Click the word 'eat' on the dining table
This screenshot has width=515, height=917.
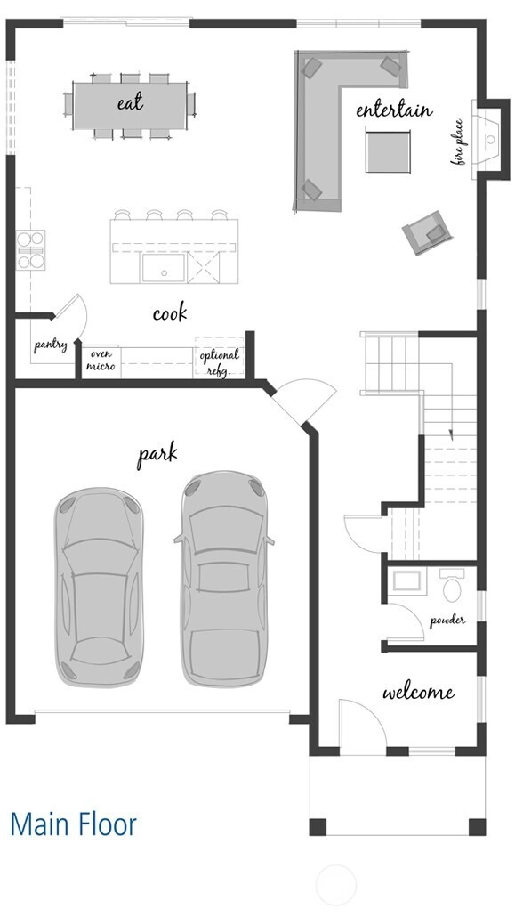click(130, 103)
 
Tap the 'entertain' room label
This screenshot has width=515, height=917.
click(394, 110)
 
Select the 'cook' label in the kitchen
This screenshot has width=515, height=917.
click(170, 312)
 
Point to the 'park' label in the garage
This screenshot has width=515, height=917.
click(157, 456)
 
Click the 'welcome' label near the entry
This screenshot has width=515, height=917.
click(419, 693)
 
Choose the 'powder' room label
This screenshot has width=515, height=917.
click(447, 621)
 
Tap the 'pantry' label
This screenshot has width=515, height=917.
click(51, 345)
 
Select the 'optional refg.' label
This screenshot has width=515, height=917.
click(219, 362)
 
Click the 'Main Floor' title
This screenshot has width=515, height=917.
click(74, 824)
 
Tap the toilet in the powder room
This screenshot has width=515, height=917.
click(452, 585)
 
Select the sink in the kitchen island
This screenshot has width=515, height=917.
click(164, 268)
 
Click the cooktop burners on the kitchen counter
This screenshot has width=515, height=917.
click(30, 249)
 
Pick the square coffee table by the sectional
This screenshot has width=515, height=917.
click(388, 151)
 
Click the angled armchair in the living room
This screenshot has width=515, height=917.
click(427, 232)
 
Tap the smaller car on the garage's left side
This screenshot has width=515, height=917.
click(99, 587)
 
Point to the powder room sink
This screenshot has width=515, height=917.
click(406, 581)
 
